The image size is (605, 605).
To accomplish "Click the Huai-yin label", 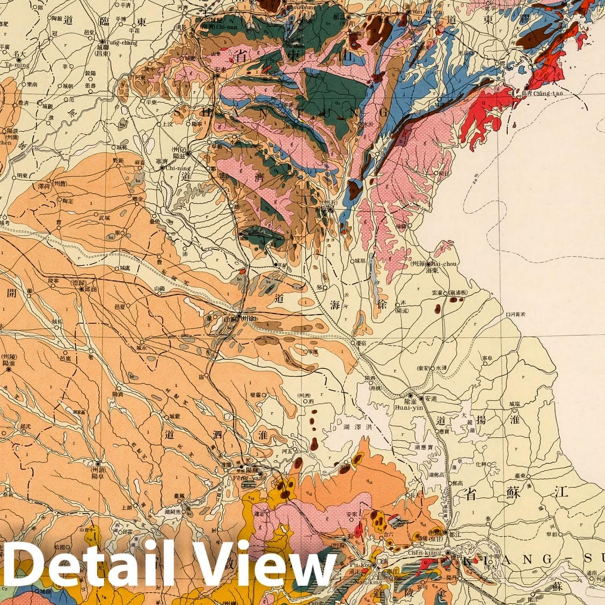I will coord(407,406).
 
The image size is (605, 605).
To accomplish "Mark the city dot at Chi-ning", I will coord(163,167).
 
